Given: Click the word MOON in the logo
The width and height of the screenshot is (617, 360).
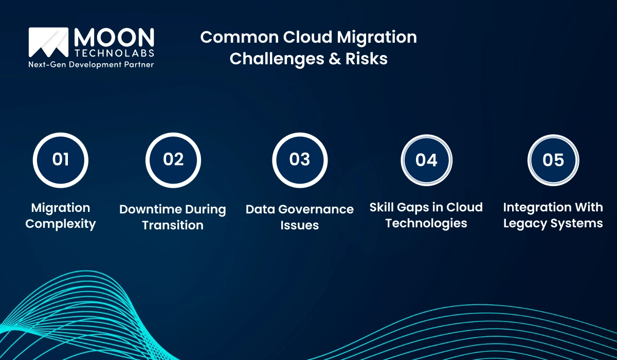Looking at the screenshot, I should click(114, 38).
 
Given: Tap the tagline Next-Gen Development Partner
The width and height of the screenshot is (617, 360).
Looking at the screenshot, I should click(91, 65).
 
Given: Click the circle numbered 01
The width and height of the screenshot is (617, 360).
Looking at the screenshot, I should click(61, 159).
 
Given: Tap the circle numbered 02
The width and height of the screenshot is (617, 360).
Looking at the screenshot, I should click(173, 159).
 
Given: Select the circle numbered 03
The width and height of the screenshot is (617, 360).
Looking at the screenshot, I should click(300, 159).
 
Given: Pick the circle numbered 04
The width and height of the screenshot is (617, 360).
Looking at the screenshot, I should click(426, 160).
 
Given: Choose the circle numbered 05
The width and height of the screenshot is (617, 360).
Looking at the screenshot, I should click(553, 160).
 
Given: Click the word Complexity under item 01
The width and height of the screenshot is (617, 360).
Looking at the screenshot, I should click(61, 224).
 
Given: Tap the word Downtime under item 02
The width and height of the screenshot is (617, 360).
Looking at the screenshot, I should click(149, 209).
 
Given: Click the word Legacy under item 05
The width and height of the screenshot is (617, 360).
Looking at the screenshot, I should click(526, 224).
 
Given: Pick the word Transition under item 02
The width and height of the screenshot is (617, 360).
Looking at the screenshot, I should click(173, 225).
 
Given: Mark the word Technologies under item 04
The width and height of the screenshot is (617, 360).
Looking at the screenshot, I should click(426, 223).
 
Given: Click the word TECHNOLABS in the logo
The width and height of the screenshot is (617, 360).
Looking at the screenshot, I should click(114, 53).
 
